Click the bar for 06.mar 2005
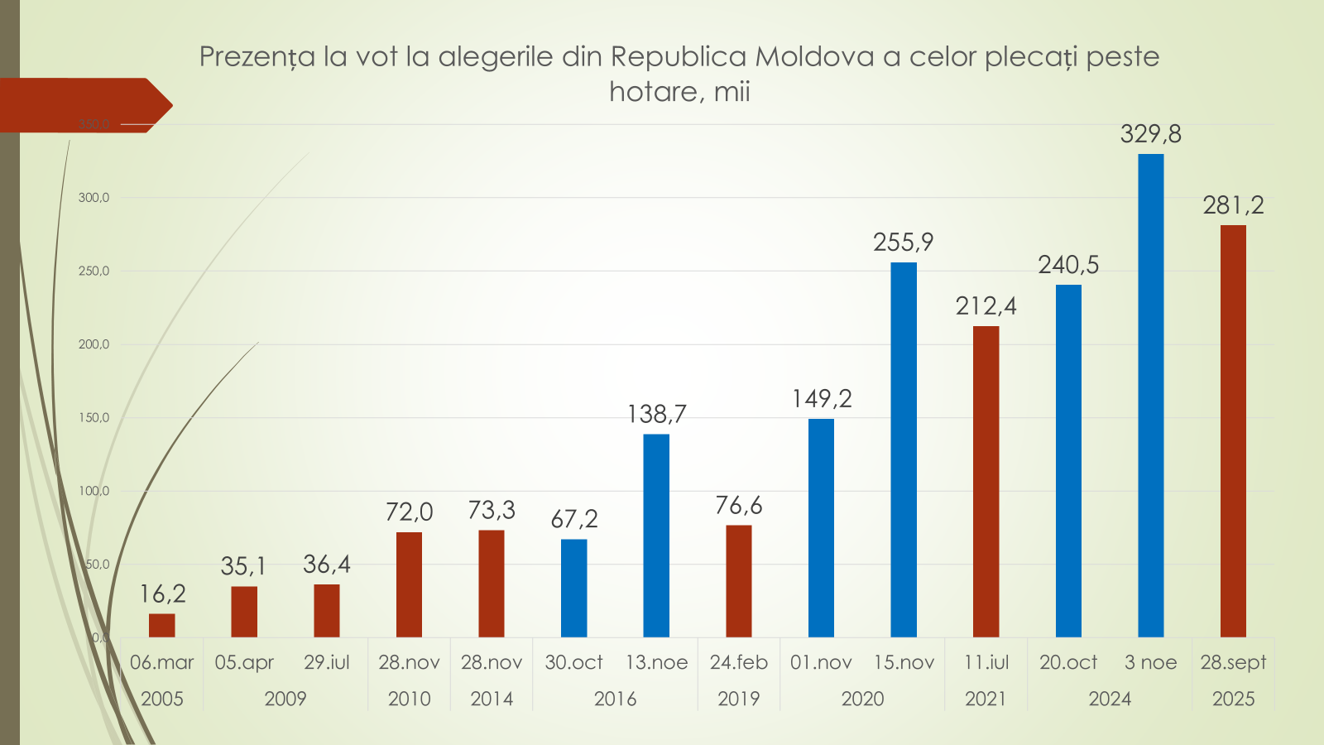(x=162, y=625)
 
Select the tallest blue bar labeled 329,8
(x=1150, y=396)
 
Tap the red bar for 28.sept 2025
(x=1233, y=430)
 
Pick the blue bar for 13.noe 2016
(x=656, y=536)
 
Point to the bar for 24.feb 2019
(x=739, y=581)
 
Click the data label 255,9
(x=903, y=243)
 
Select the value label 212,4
(x=986, y=306)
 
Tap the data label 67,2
(x=574, y=519)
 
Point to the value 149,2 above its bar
(x=822, y=399)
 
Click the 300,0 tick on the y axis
(x=94, y=198)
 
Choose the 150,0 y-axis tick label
(x=94, y=418)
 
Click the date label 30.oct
(x=574, y=662)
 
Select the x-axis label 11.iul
(x=986, y=662)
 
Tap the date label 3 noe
(x=1150, y=662)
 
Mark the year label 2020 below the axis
(x=862, y=699)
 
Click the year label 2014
(x=492, y=699)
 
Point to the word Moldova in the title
(x=815, y=56)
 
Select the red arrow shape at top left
(x=83, y=105)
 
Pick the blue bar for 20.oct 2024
(x=1068, y=461)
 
